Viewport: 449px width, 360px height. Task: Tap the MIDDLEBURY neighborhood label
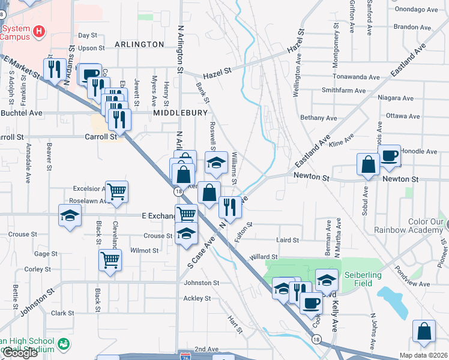point(180,113)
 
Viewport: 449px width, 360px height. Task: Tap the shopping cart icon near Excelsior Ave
point(116,191)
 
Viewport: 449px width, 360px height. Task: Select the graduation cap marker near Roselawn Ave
point(70,215)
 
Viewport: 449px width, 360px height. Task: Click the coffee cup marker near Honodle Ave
point(389,156)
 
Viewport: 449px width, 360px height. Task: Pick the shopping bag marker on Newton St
point(367,164)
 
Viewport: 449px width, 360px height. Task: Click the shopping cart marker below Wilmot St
point(110,261)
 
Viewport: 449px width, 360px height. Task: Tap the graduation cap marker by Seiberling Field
point(326,279)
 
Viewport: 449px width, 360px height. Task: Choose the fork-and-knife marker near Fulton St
point(230,207)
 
